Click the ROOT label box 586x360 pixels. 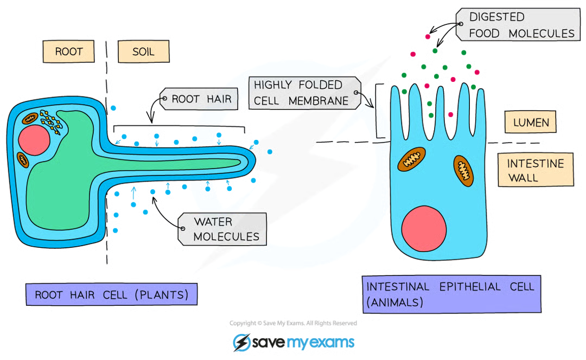click(x=68, y=52)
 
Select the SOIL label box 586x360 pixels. click(x=143, y=52)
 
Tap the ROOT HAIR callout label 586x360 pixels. click(x=201, y=99)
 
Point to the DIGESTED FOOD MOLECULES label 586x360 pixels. click(x=518, y=25)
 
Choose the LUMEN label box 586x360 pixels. click(x=531, y=123)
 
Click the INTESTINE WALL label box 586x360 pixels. click(x=534, y=170)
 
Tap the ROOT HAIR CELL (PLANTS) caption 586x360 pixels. click(x=111, y=295)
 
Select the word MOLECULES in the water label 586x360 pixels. click(x=226, y=236)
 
